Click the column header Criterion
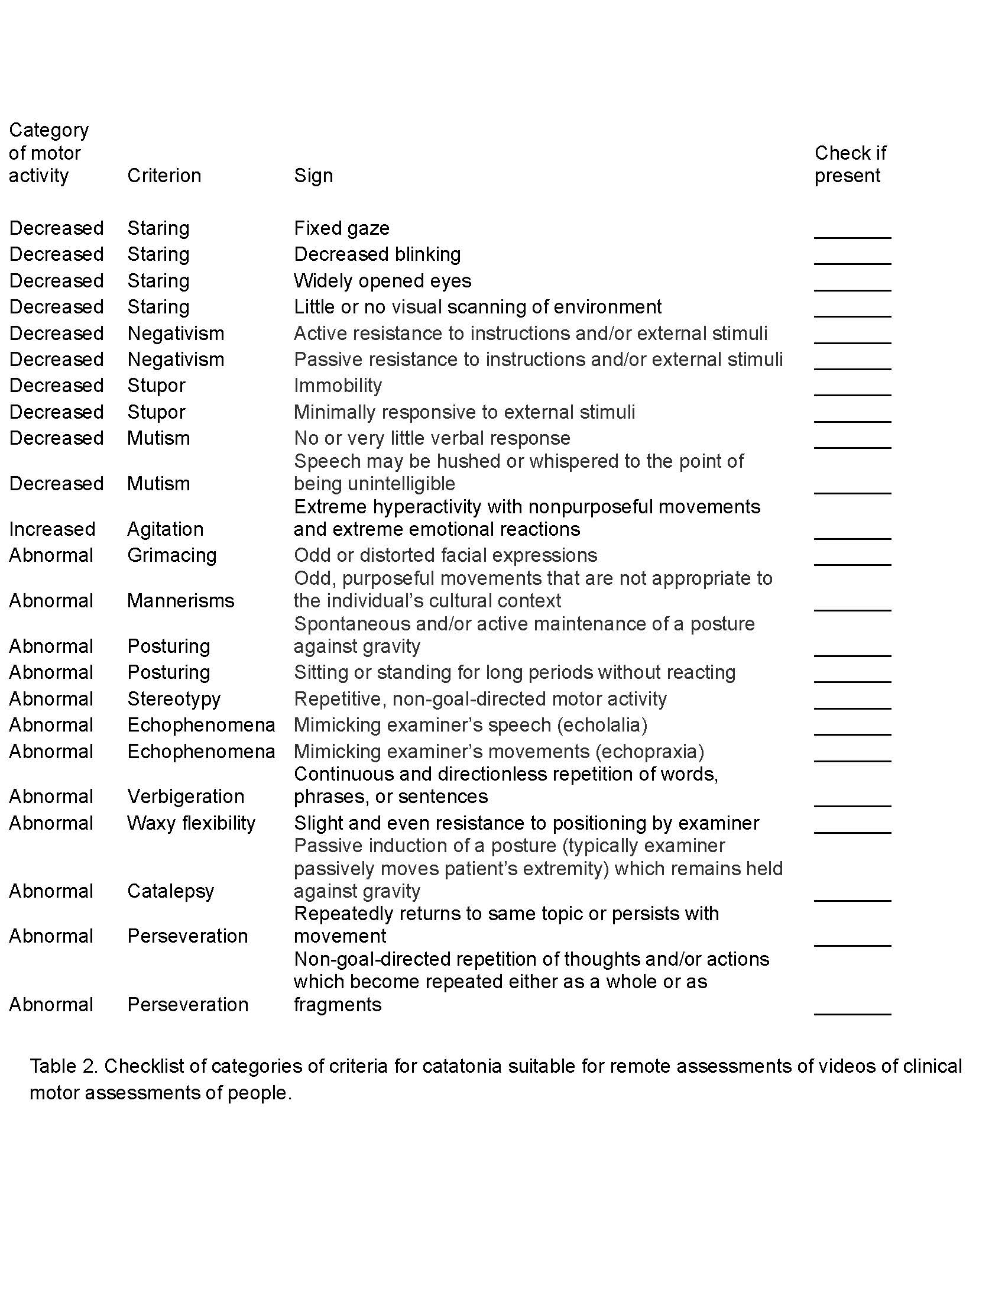(164, 176)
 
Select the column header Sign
(313, 176)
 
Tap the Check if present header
(850, 164)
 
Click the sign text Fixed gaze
(342, 228)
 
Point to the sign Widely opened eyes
(382, 280)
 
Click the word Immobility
(338, 386)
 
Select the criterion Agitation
(165, 529)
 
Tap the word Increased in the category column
(53, 529)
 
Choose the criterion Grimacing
(171, 555)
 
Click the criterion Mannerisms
(180, 600)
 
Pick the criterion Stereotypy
(174, 699)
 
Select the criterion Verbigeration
(186, 797)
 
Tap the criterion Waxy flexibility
(191, 823)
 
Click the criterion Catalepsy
(170, 891)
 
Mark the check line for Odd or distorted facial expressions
(852, 562)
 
